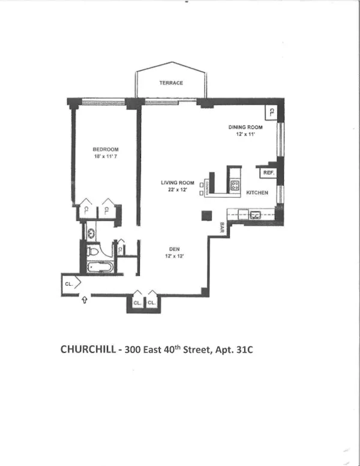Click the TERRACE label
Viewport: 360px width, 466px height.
coord(171,83)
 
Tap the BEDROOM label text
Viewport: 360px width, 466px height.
coord(105,149)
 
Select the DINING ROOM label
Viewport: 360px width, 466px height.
coord(246,127)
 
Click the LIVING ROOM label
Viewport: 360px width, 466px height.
coord(177,183)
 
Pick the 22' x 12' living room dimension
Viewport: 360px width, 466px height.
coord(177,190)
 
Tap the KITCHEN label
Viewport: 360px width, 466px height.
coord(257,192)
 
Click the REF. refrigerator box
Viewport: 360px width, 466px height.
coord(268,173)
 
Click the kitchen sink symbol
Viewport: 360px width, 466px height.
coord(254,214)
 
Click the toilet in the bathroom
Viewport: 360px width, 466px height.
coord(94,251)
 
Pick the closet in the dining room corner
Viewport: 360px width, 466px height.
coord(271,112)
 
